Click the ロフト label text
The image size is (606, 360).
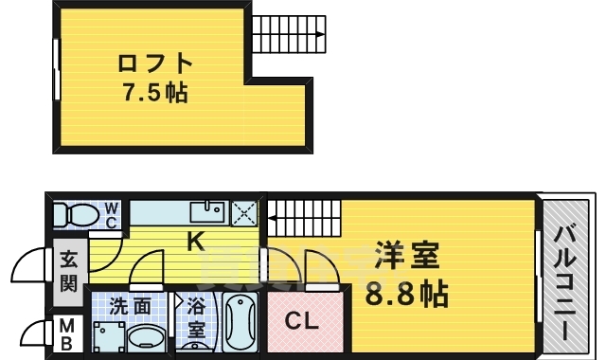coord(155,64)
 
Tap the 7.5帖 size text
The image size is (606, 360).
coord(154,93)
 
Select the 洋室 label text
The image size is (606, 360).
coord(406,256)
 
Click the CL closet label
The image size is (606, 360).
coord(302,319)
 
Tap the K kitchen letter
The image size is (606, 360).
coord(195,242)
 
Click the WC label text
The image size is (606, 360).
coord(111,215)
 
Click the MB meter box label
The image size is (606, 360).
coord(67,333)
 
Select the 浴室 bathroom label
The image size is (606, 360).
coord(196,318)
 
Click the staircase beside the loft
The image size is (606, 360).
coord(289,35)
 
